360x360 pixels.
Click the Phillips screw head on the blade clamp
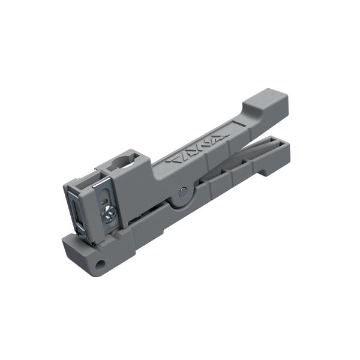[109, 211]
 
